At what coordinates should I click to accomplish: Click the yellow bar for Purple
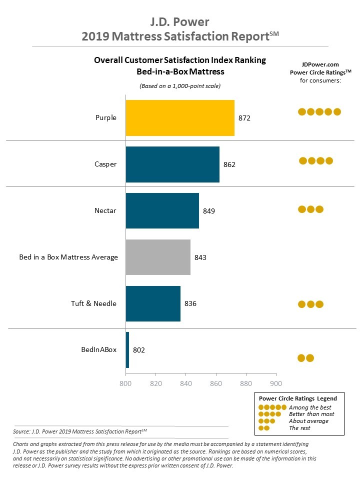pos(180,118)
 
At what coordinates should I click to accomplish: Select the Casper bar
pos(172,164)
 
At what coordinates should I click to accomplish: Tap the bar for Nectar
pos(162,210)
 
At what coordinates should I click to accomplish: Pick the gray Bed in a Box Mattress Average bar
pos(158,257)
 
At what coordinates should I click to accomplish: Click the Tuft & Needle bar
pos(153,303)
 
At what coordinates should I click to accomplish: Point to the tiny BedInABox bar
pos(127,350)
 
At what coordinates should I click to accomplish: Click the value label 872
pos(244,118)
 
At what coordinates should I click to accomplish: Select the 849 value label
pos(209,211)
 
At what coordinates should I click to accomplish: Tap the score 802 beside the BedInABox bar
pos(138,350)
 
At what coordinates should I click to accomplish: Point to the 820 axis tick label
pos(155,383)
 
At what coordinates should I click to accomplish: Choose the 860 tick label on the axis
pos(216,383)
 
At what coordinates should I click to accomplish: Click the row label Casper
pos(105,164)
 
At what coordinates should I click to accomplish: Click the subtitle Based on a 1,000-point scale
pos(180,86)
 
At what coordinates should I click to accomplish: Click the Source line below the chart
pos(80,431)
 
